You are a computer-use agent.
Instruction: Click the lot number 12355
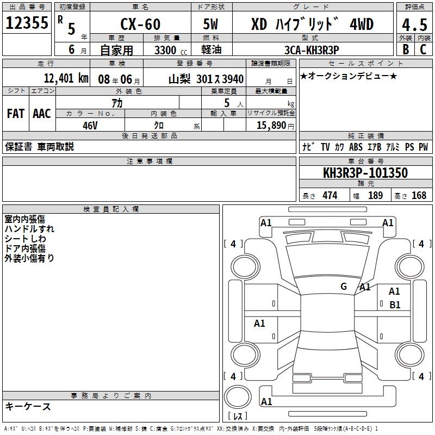pyautogui.click(x=27, y=22)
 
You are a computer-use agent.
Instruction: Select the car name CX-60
pyautogui.click(x=140, y=24)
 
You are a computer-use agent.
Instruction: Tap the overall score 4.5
pyautogui.click(x=414, y=24)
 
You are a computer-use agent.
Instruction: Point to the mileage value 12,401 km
pyautogui.click(x=66, y=78)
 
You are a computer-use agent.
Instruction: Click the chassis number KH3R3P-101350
pyautogui.click(x=365, y=173)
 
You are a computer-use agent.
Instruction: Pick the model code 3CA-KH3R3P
pyautogui.click(x=312, y=50)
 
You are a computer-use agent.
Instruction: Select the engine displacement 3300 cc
pyautogui.click(x=171, y=50)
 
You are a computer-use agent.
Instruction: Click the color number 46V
pyautogui.click(x=90, y=126)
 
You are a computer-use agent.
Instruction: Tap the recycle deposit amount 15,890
pyautogui.click(x=271, y=125)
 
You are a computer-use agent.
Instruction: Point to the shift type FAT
pyautogui.click(x=16, y=114)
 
